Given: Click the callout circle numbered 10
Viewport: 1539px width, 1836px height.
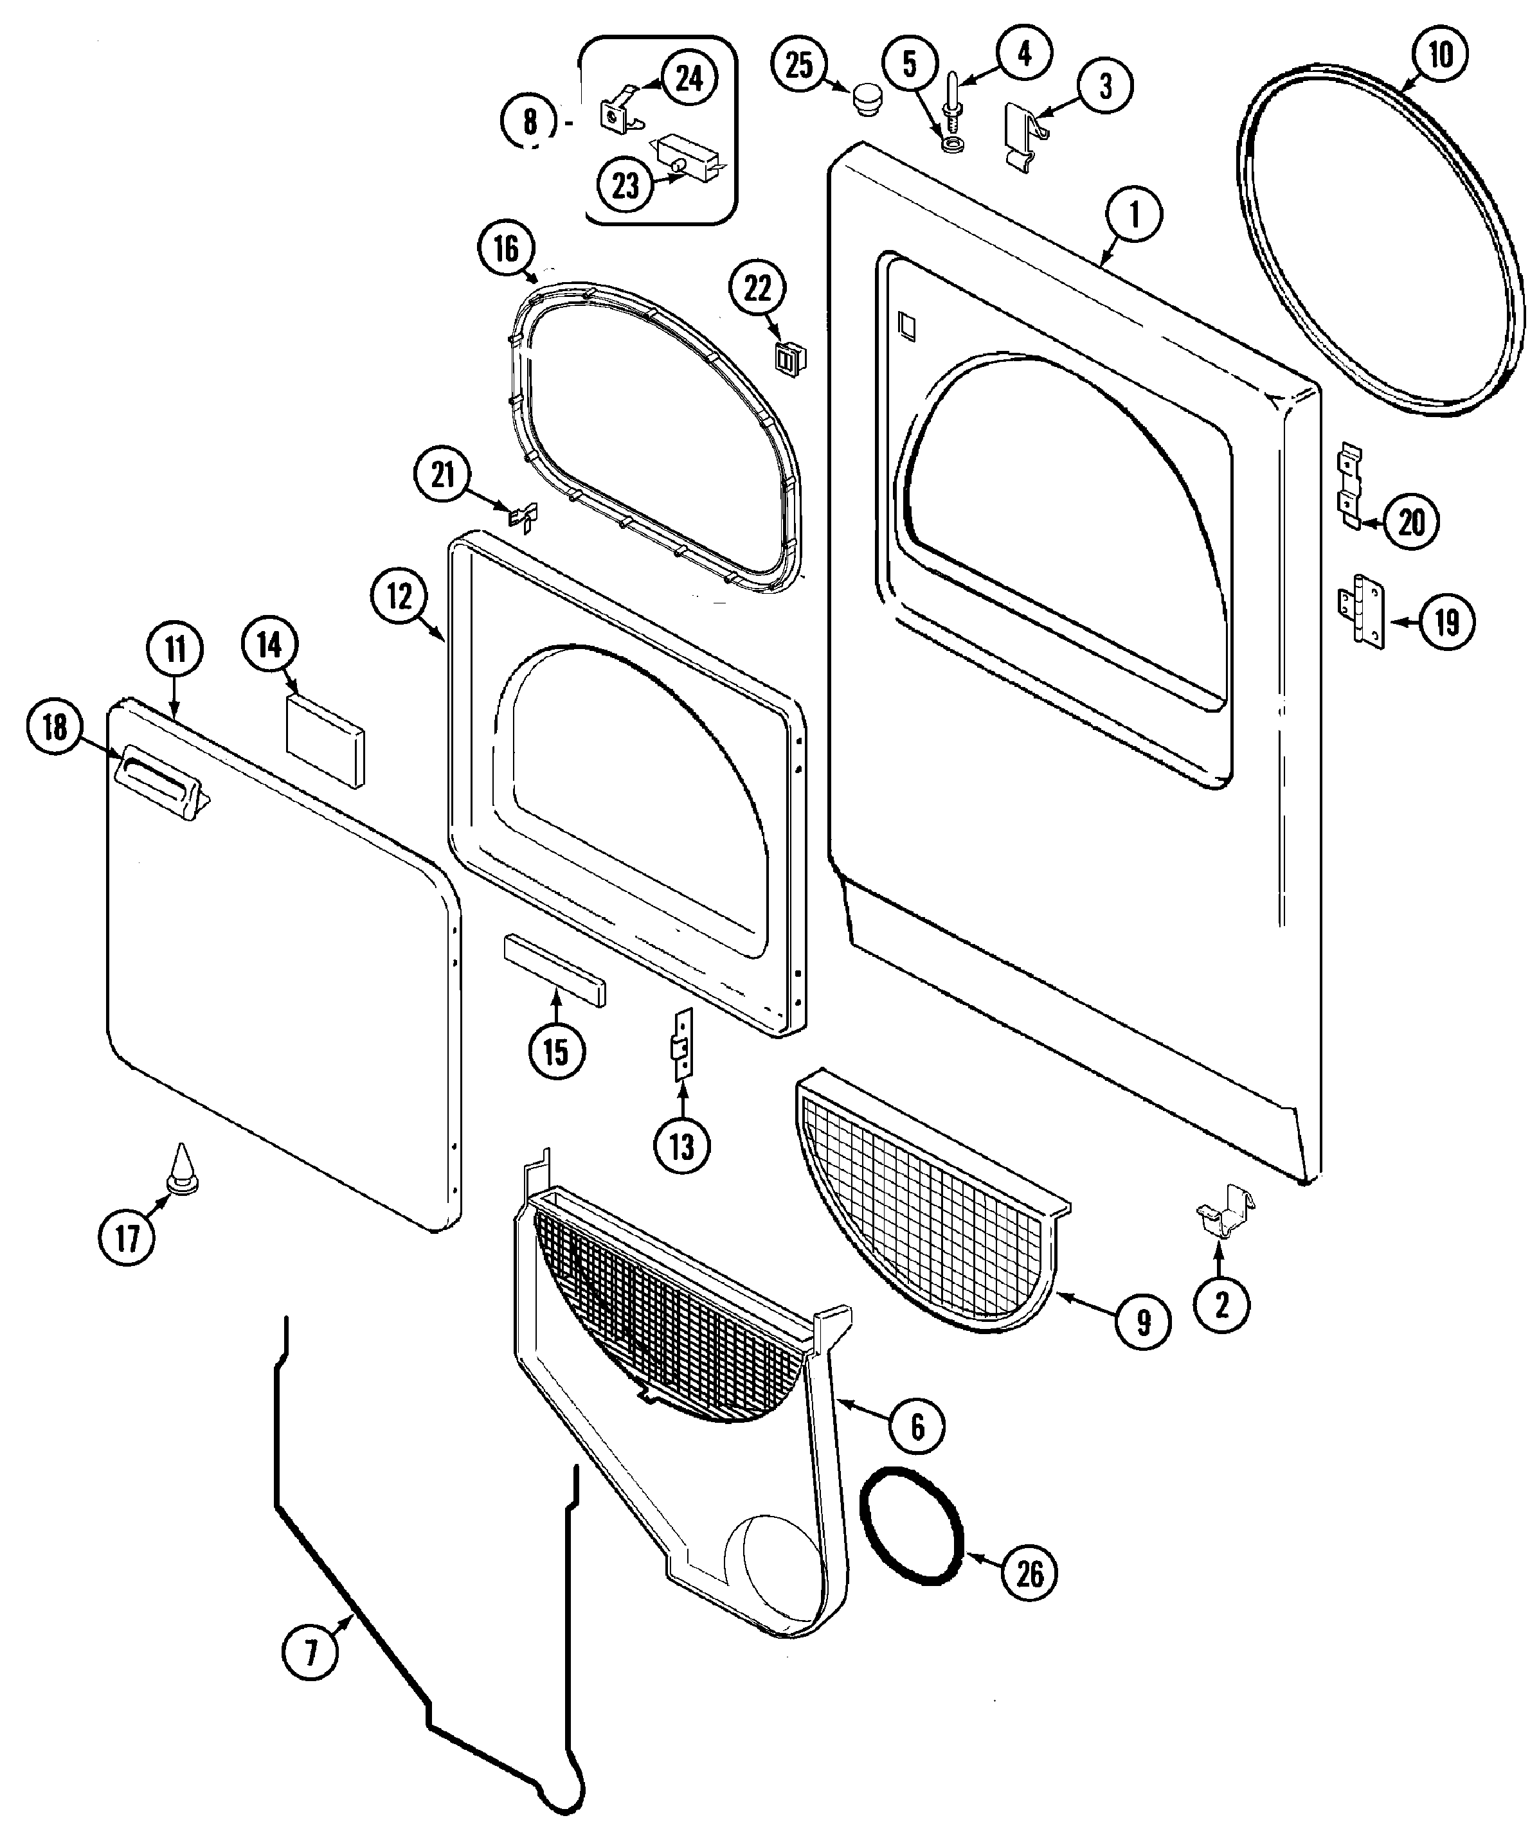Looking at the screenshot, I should point(1440,55).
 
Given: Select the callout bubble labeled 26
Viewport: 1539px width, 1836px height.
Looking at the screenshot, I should point(1029,1574).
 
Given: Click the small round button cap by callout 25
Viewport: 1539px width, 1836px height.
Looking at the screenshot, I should point(867,94).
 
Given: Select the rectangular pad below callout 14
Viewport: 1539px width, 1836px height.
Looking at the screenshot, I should point(325,740).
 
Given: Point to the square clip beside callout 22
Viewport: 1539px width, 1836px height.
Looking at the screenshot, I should point(789,357).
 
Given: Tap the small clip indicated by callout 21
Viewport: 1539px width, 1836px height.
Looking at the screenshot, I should point(524,517).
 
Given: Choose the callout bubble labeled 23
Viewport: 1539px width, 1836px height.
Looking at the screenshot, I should point(626,185).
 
